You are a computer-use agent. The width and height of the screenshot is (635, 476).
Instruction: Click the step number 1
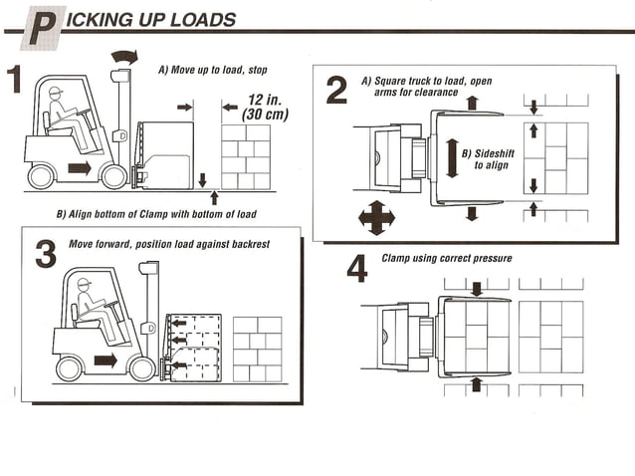tap(14, 79)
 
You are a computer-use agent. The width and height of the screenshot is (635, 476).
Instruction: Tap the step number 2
tap(336, 90)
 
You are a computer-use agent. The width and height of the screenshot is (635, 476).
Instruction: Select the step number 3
tap(46, 254)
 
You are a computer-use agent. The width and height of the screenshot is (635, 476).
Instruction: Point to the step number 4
tap(357, 268)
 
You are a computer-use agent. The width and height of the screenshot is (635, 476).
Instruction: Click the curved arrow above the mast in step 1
tap(125, 57)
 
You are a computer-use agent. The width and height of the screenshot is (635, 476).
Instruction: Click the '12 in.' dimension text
tap(265, 100)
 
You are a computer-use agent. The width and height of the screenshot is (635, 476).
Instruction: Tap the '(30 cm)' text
tap(266, 115)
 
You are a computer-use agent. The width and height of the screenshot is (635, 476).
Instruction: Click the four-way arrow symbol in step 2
tap(376, 218)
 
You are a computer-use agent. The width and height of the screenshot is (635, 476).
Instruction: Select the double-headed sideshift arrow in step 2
tap(452, 158)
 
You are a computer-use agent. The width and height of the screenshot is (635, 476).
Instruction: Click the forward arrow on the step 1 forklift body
tap(80, 168)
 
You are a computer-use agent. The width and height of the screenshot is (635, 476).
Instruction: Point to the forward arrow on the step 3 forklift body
tap(106, 360)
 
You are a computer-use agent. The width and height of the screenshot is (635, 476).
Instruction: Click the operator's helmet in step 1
tap(56, 92)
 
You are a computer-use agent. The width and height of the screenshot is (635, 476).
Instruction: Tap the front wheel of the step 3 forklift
tap(141, 367)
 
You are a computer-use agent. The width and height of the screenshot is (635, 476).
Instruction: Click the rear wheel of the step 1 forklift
tap(41, 176)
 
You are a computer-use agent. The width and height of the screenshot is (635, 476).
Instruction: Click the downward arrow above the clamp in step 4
tap(477, 289)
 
